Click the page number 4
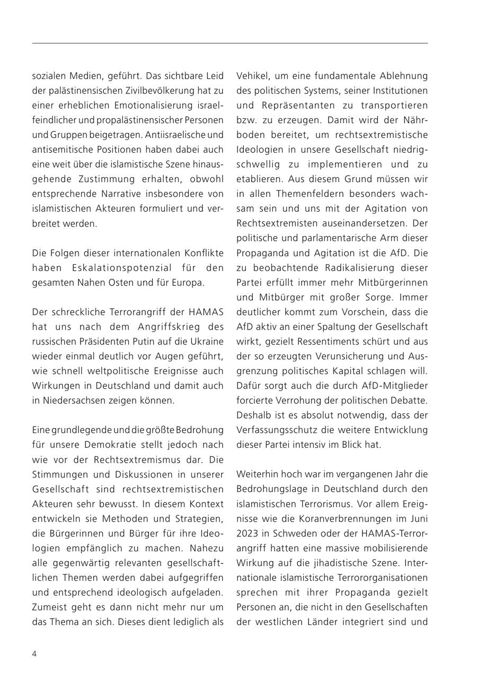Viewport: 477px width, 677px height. point(34,654)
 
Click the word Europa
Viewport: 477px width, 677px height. point(187,282)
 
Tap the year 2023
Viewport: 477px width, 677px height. point(246,533)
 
